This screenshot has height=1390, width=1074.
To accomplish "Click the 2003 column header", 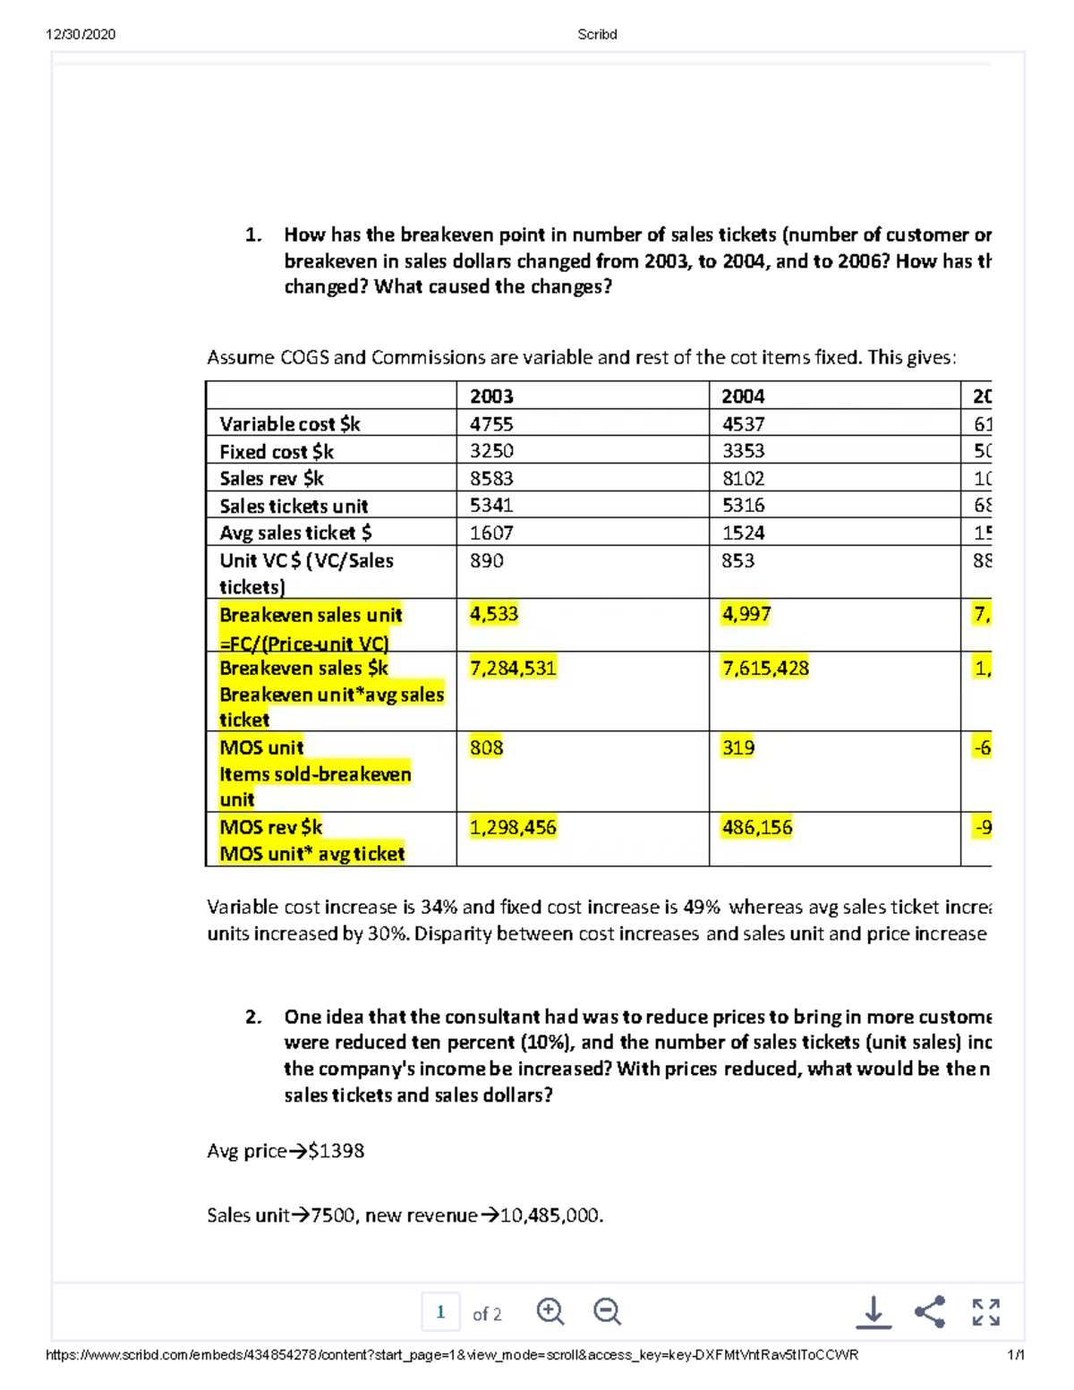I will (x=491, y=396).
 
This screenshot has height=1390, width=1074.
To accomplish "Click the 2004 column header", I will (x=743, y=396).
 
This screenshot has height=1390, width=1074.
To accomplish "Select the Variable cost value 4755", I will (x=491, y=423).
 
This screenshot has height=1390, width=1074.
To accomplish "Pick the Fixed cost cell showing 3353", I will (x=743, y=451).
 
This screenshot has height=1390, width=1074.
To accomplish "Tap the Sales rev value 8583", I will (x=491, y=478).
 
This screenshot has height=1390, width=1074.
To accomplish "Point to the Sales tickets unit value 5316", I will (x=743, y=506).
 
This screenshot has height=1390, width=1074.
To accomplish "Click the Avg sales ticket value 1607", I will (x=491, y=533).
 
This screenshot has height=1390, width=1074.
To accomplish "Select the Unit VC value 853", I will (x=738, y=560).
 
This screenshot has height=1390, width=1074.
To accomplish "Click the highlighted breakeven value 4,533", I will (x=494, y=614).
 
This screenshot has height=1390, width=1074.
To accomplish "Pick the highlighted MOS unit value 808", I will (x=486, y=747).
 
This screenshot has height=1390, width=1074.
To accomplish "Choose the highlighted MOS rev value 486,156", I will (x=757, y=827).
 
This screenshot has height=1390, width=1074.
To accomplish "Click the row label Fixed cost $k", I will (x=277, y=451).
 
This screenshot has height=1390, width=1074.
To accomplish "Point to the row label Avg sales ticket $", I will (x=295, y=533).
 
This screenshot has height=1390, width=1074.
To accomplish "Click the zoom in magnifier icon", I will (x=550, y=1312).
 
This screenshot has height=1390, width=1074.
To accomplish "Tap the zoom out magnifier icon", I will (x=607, y=1312).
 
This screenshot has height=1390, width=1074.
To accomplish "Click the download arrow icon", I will (x=874, y=1312).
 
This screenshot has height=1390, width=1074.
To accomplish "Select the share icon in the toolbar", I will (x=930, y=1312).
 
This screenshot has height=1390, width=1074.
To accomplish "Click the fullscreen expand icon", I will (x=985, y=1312).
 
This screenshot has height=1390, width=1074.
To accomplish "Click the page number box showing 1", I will (x=440, y=1312).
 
